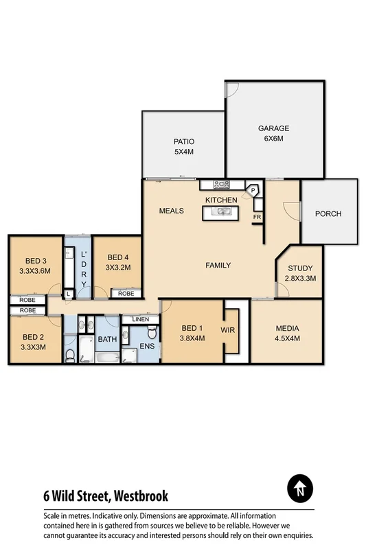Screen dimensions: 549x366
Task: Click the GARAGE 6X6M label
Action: pos(273,133)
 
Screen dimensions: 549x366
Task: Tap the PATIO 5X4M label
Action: pos(183,146)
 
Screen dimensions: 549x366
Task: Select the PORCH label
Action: pos(328,213)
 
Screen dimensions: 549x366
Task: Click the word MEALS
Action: pos(171,211)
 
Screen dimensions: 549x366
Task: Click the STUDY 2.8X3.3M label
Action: pos(300,273)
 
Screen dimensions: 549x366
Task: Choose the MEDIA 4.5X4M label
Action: pos(287,333)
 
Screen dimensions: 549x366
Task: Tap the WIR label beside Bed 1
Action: pos(228,330)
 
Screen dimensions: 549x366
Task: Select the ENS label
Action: pos(148,347)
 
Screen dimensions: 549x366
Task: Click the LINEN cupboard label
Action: pos(140,319)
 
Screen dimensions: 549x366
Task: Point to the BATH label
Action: pos(107,339)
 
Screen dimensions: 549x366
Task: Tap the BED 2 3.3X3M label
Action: pos(34,341)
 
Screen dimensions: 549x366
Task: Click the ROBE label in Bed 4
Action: pos(126,293)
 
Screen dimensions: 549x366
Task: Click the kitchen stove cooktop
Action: pos(221,184)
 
